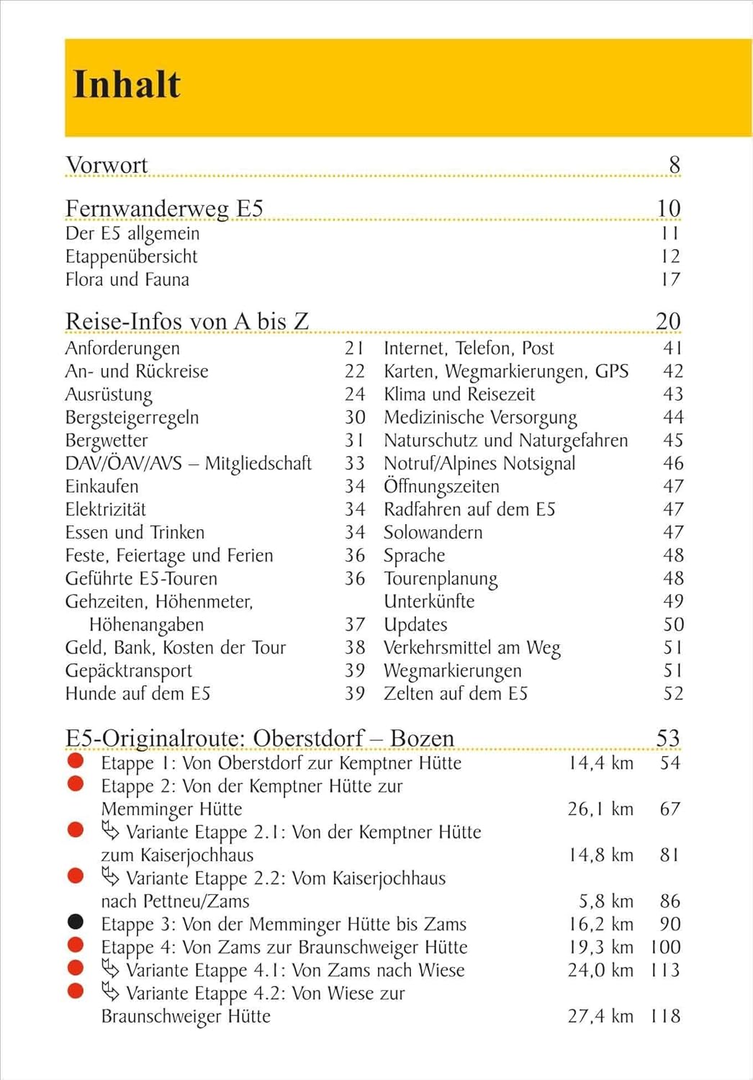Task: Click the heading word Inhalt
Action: [127, 85]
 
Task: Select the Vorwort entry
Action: [107, 165]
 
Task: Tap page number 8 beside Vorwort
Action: [674, 165]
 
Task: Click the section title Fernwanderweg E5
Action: [164, 208]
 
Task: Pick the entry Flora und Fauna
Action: [127, 279]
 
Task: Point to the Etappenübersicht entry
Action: [131, 256]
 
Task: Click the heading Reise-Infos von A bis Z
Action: [187, 321]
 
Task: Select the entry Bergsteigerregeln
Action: [132, 418]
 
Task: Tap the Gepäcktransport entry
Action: [128, 671]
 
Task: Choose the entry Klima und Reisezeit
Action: [459, 395]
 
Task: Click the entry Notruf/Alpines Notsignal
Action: [479, 464]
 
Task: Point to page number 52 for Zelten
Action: [673, 694]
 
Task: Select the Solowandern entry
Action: [433, 533]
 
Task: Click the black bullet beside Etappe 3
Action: [76, 922]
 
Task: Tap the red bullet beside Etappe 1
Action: [76, 760]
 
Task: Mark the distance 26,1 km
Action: [600, 809]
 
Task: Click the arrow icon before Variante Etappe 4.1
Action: [110, 968]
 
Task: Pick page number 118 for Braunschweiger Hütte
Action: [664, 1017]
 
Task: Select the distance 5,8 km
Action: [606, 901]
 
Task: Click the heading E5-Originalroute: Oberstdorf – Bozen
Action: [259, 739]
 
